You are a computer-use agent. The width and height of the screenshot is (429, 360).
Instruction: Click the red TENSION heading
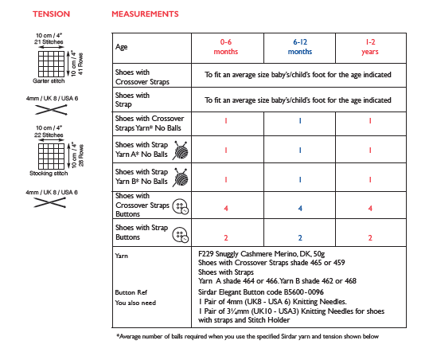point(52,14)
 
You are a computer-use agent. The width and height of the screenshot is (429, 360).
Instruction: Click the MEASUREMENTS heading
point(145,14)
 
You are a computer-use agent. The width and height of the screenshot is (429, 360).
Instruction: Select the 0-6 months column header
point(226,47)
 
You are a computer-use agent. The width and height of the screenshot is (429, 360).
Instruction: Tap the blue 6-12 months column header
point(300,47)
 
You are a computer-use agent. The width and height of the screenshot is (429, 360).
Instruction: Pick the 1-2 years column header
point(370,47)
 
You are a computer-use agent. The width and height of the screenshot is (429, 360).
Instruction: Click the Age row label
point(122,47)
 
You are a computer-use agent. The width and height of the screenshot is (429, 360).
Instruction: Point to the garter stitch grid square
point(52,64)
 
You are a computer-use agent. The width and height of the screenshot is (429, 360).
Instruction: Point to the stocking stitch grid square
point(52,156)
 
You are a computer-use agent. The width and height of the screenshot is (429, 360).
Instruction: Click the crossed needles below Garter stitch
point(51,110)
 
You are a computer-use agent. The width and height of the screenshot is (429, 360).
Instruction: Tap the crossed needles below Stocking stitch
point(50,202)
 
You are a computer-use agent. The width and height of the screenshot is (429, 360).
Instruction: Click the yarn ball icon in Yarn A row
point(181,150)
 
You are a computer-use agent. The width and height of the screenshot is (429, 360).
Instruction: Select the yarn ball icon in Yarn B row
point(181,177)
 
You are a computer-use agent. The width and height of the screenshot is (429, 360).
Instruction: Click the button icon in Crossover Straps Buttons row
point(181,206)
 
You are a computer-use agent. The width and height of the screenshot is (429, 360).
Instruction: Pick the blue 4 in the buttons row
point(300,209)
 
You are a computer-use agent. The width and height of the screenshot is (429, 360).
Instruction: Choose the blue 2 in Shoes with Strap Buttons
point(300,237)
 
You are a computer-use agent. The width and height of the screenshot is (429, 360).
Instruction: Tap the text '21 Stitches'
point(49,42)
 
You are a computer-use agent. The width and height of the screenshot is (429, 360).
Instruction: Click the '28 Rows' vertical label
point(81,155)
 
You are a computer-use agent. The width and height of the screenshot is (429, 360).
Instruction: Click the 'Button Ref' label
point(131,292)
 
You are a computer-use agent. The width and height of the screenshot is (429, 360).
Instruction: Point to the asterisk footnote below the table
point(248,336)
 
